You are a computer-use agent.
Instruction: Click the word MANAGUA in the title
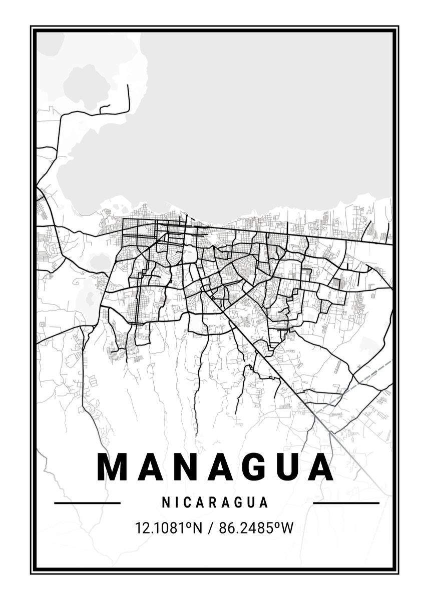215,467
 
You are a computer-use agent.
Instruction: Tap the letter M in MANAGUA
110,467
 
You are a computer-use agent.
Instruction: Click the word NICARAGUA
215,502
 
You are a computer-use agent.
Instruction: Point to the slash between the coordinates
210,527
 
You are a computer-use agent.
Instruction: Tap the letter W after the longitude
286,527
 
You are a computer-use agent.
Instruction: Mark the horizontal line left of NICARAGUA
87,502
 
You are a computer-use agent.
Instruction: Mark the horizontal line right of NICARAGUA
346,502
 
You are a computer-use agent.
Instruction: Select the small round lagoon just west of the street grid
100,261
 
